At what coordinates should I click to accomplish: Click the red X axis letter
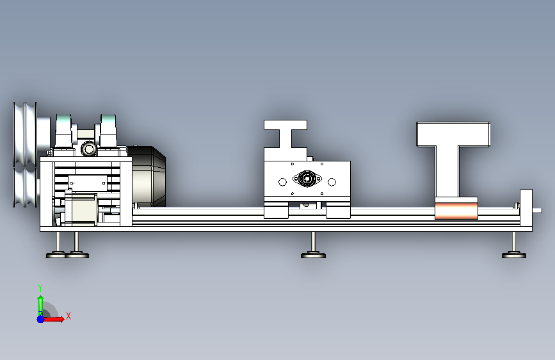click(x=68, y=316)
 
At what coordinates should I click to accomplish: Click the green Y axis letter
click(x=40, y=288)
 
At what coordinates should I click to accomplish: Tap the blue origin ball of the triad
click(x=41, y=319)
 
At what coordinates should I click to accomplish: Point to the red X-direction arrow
click(x=54, y=319)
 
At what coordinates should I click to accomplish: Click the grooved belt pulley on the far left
click(x=25, y=154)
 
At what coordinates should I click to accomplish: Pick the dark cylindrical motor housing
click(x=149, y=176)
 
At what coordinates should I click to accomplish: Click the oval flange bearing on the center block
click(x=307, y=179)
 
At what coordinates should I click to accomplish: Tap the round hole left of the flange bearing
click(x=282, y=182)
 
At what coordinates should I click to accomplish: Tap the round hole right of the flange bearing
click(x=332, y=182)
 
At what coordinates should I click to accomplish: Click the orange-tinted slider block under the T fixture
click(x=456, y=208)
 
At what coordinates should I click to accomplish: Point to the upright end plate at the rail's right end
click(x=526, y=208)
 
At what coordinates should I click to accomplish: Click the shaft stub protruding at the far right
click(x=537, y=211)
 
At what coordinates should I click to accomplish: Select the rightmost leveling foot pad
click(x=514, y=255)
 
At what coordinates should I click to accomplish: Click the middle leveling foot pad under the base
click(x=313, y=255)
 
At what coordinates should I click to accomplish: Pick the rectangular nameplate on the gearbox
click(x=88, y=183)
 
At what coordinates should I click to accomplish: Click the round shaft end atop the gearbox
click(x=89, y=149)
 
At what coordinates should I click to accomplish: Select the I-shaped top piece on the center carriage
click(x=286, y=134)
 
